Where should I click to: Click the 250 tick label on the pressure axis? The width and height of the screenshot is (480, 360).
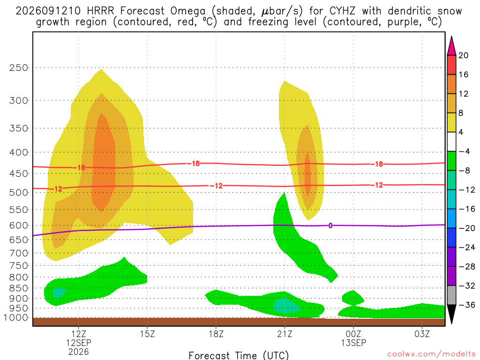coord(18,67)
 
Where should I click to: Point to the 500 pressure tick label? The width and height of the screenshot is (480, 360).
coord(18,193)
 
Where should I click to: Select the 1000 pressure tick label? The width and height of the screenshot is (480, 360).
coord(16,318)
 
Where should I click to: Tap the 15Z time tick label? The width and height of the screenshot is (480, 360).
coord(147,334)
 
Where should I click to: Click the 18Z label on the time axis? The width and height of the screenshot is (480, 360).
coord(216,334)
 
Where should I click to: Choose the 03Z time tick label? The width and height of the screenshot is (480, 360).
coord(422,334)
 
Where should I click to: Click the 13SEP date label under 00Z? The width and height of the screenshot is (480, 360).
coord(353,343)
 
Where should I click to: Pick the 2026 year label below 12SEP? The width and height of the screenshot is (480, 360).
coord(79,352)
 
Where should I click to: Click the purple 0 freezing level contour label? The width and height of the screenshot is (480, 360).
coord(330,225)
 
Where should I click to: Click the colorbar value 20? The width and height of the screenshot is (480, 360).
coord(463,55)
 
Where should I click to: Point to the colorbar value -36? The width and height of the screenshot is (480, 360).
coord(467,305)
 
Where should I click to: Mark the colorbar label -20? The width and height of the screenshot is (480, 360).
coord(467,228)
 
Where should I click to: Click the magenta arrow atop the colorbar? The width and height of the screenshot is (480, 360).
coord(451,46)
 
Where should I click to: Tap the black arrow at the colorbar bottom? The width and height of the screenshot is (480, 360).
coord(451,314)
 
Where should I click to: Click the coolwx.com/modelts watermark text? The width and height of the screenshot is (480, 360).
coord(431,354)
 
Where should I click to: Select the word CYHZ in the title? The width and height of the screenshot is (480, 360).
coord(343,11)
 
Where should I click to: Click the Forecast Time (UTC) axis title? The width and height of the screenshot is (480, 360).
coord(239,355)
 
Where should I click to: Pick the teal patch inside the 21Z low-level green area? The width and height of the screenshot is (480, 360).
coord(286,306)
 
